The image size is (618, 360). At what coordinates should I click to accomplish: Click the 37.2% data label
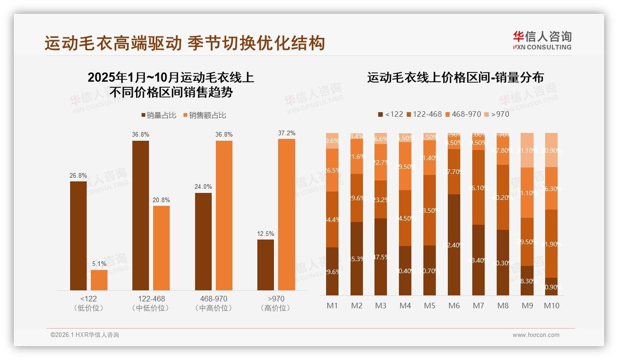[286, 133]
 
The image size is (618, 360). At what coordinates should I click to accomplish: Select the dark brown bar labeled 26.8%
[78, 235]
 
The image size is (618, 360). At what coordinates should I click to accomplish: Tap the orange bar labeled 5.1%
[99, 280]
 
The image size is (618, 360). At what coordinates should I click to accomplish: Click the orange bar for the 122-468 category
[161, 248]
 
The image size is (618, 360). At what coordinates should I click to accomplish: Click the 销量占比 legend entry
[158, 115]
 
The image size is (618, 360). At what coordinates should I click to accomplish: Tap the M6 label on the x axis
[455, 306]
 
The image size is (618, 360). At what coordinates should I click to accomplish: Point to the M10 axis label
[551, 306]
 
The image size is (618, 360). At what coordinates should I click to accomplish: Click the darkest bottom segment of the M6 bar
[455, 245]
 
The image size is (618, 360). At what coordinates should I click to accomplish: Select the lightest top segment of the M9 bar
[527, 150]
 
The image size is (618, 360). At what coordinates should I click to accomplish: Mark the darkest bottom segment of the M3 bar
[381, 257]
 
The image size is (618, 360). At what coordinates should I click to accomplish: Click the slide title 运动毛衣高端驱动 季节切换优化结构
[185, 43]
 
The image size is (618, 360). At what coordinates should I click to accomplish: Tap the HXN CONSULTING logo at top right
[542, 40]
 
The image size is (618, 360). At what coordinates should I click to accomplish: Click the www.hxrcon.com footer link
[536, 335]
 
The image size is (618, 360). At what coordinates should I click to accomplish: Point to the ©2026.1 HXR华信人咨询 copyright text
[85, 335]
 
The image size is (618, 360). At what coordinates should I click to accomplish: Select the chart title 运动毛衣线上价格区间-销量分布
[455, 78]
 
